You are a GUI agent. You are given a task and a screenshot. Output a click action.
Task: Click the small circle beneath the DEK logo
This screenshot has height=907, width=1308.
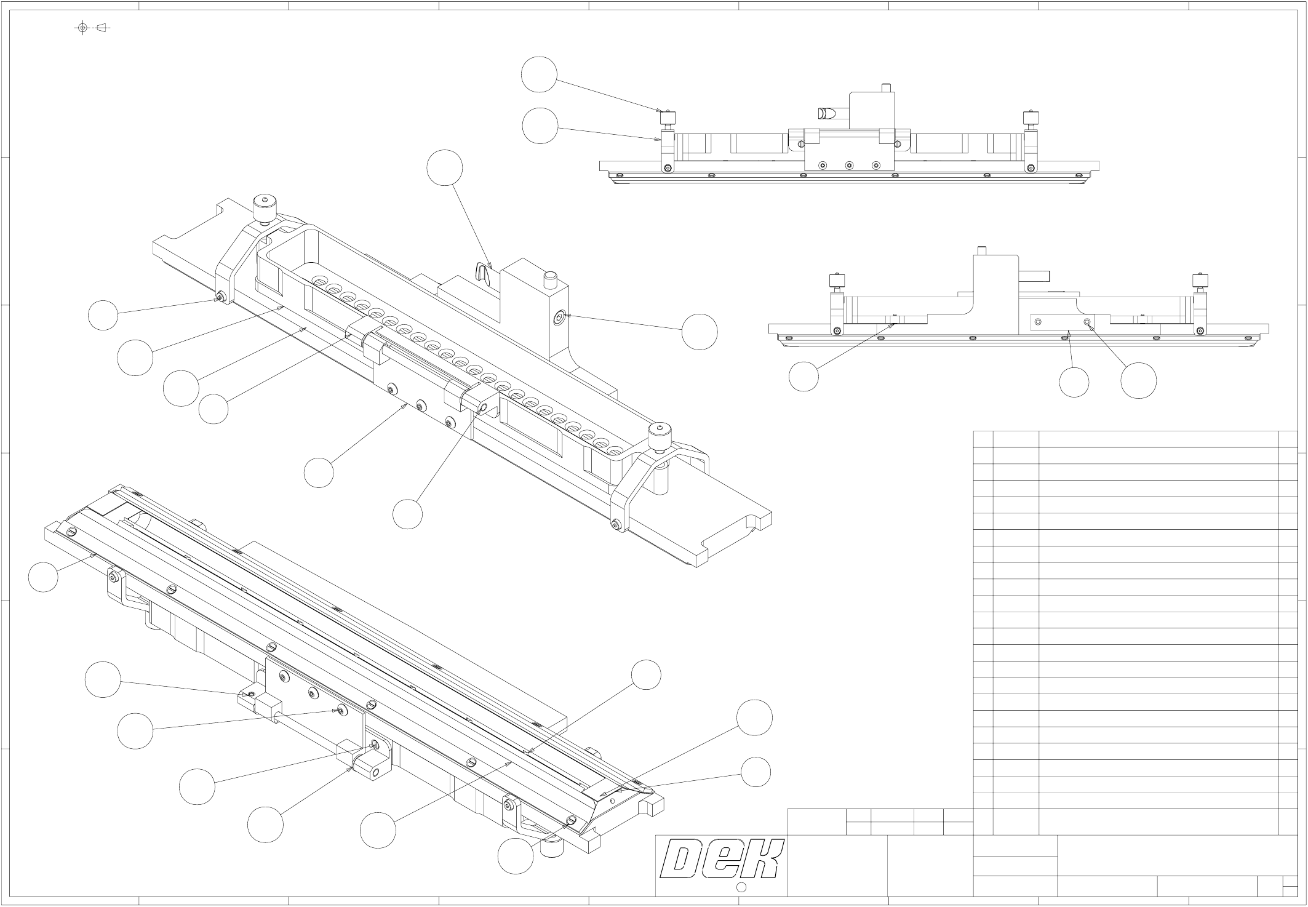point(741,887)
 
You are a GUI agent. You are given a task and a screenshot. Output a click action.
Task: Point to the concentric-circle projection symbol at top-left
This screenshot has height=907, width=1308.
point(83,28)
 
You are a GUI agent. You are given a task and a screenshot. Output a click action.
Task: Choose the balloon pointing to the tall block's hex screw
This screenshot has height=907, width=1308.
point(700,332)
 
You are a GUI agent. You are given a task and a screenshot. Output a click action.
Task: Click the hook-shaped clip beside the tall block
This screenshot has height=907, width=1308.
point(484,272)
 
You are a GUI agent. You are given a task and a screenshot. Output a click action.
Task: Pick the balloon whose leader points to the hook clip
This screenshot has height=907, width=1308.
point(445,167)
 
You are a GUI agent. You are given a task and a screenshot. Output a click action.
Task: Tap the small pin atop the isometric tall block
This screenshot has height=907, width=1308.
point(550,279)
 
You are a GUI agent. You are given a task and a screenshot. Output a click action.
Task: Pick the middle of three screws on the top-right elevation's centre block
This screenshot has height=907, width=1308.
point(849,166)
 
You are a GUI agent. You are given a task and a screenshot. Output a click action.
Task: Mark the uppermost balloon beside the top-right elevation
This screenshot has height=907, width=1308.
point(539,74)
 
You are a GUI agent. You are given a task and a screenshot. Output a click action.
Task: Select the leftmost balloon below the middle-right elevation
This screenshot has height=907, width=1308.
point(804,377)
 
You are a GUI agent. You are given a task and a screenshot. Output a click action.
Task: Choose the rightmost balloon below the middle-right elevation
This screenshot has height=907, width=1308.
point(1138,380)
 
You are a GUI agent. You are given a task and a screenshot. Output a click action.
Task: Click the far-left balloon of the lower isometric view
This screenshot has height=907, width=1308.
point(43,577)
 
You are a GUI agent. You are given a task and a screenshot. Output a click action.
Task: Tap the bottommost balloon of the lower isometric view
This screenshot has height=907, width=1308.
point(516,856)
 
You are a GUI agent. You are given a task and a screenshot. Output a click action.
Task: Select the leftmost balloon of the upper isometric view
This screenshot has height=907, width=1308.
point(103,315)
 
